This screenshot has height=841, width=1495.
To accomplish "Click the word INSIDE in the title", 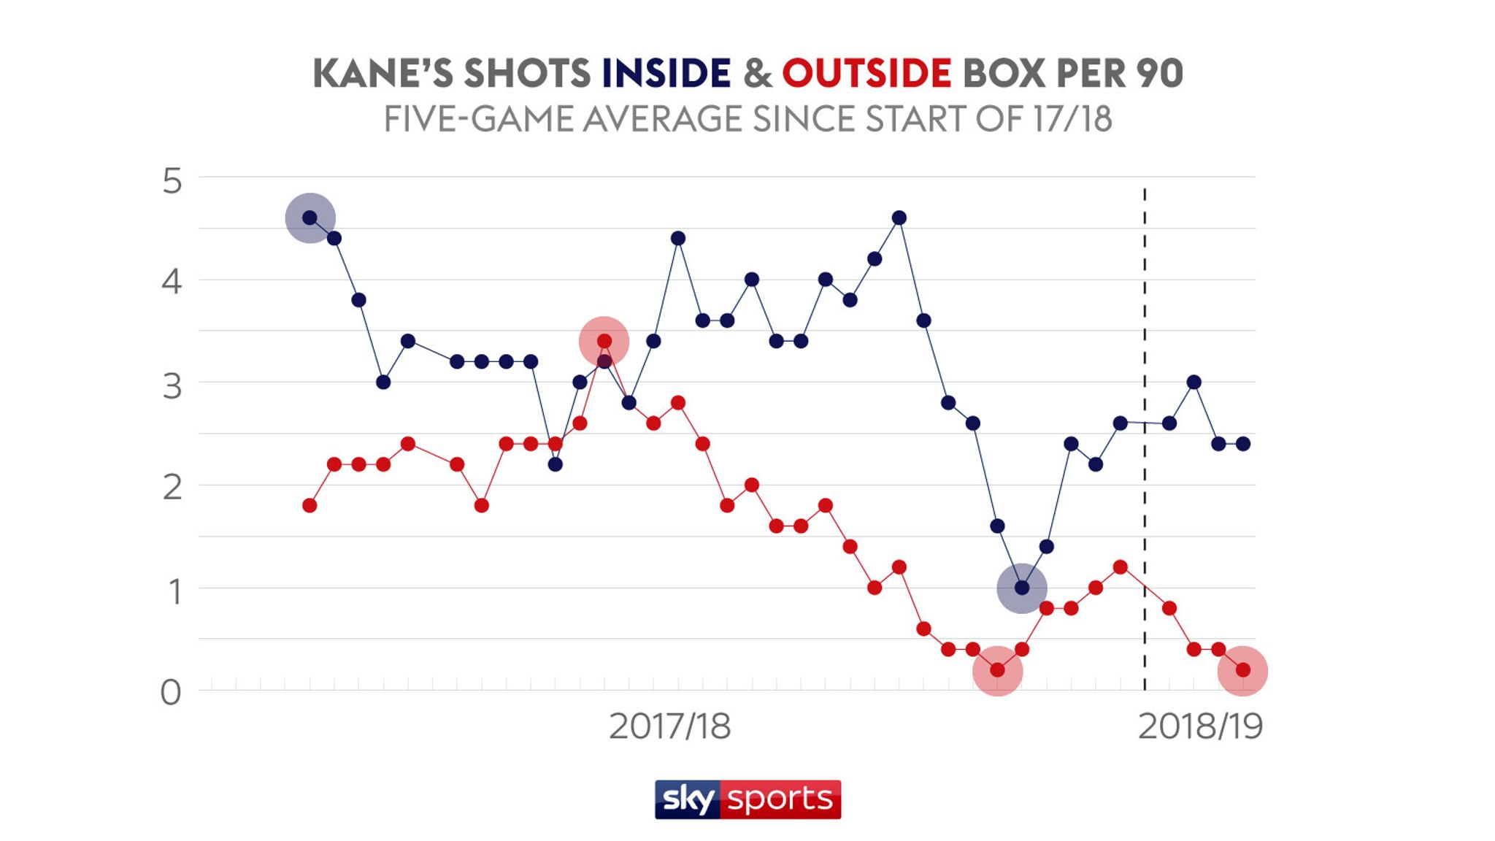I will point(666,73).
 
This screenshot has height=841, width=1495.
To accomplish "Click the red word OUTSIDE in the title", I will point(866,73).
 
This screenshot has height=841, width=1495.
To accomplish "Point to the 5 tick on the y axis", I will point(172,181).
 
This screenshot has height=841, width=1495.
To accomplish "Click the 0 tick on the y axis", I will point(171,692).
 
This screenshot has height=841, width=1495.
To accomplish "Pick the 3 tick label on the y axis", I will point(172,386).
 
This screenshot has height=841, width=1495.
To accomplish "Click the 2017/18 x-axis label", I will point(669,726).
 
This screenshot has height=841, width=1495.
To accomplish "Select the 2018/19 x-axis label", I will point(1200,726).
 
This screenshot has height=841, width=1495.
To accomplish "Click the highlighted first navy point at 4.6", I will point(310,218).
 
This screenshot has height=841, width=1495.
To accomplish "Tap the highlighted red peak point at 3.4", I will point(604,341).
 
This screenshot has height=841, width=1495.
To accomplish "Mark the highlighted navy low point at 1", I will point(1022,588).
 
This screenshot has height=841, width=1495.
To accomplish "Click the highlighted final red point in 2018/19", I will point(1242,670).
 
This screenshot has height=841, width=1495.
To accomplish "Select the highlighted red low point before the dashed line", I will point(997,670).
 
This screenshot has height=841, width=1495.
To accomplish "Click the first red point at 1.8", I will point(310,505).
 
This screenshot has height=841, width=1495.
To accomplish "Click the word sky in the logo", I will point(688,799).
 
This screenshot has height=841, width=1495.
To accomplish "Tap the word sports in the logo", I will point(780,799).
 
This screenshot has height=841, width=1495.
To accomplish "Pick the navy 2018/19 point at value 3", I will point(1194,382).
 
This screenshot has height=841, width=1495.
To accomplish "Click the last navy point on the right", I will point(1242,444).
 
